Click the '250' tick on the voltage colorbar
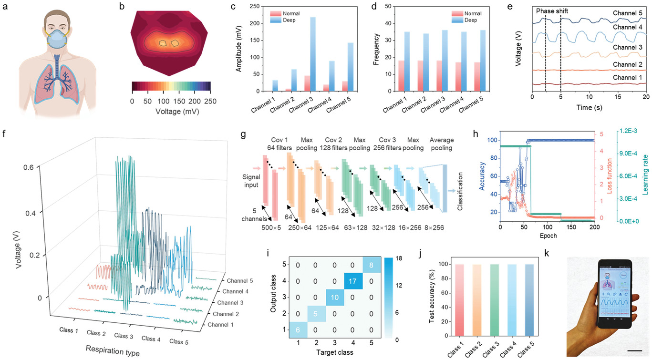(210, 101)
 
